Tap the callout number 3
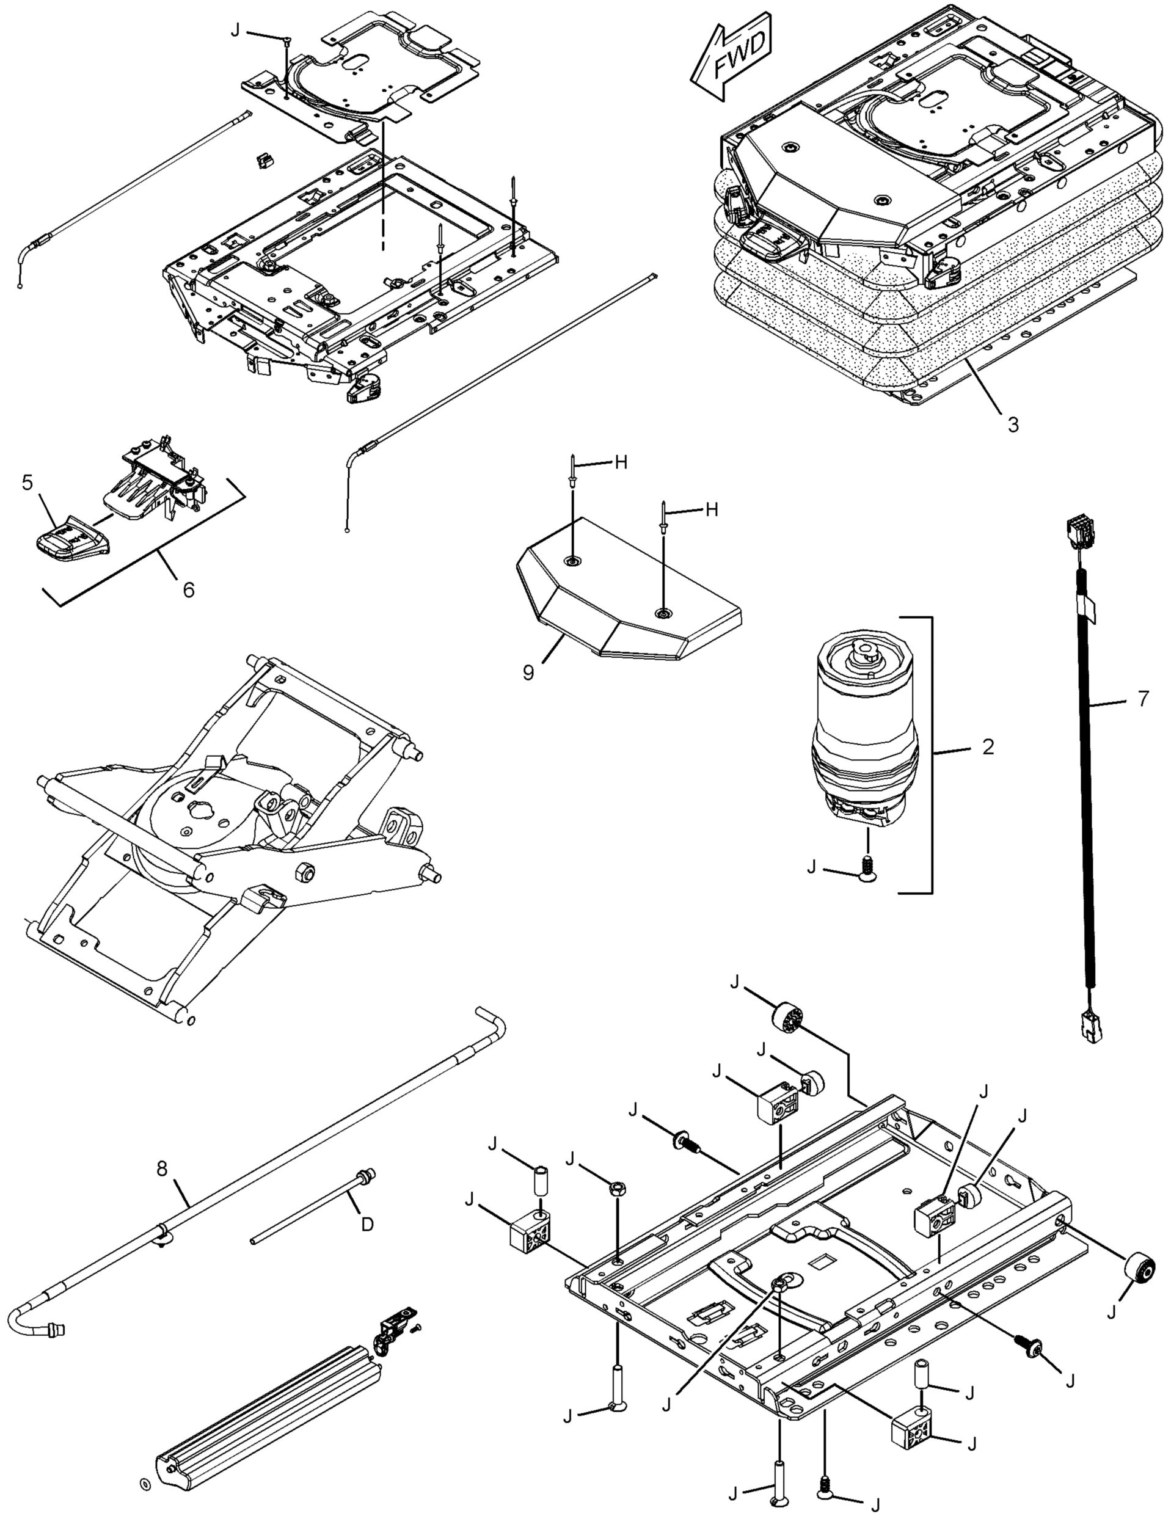[x=1013, y=424]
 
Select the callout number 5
[x=28, y=483]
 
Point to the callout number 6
[x=188, y=589]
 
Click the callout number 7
[x=1143, y=699]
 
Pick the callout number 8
[x=162, y=1168]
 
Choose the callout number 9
[x=528, y=672]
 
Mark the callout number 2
[x=988, y=746]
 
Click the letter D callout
[x=367, y=1224]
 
